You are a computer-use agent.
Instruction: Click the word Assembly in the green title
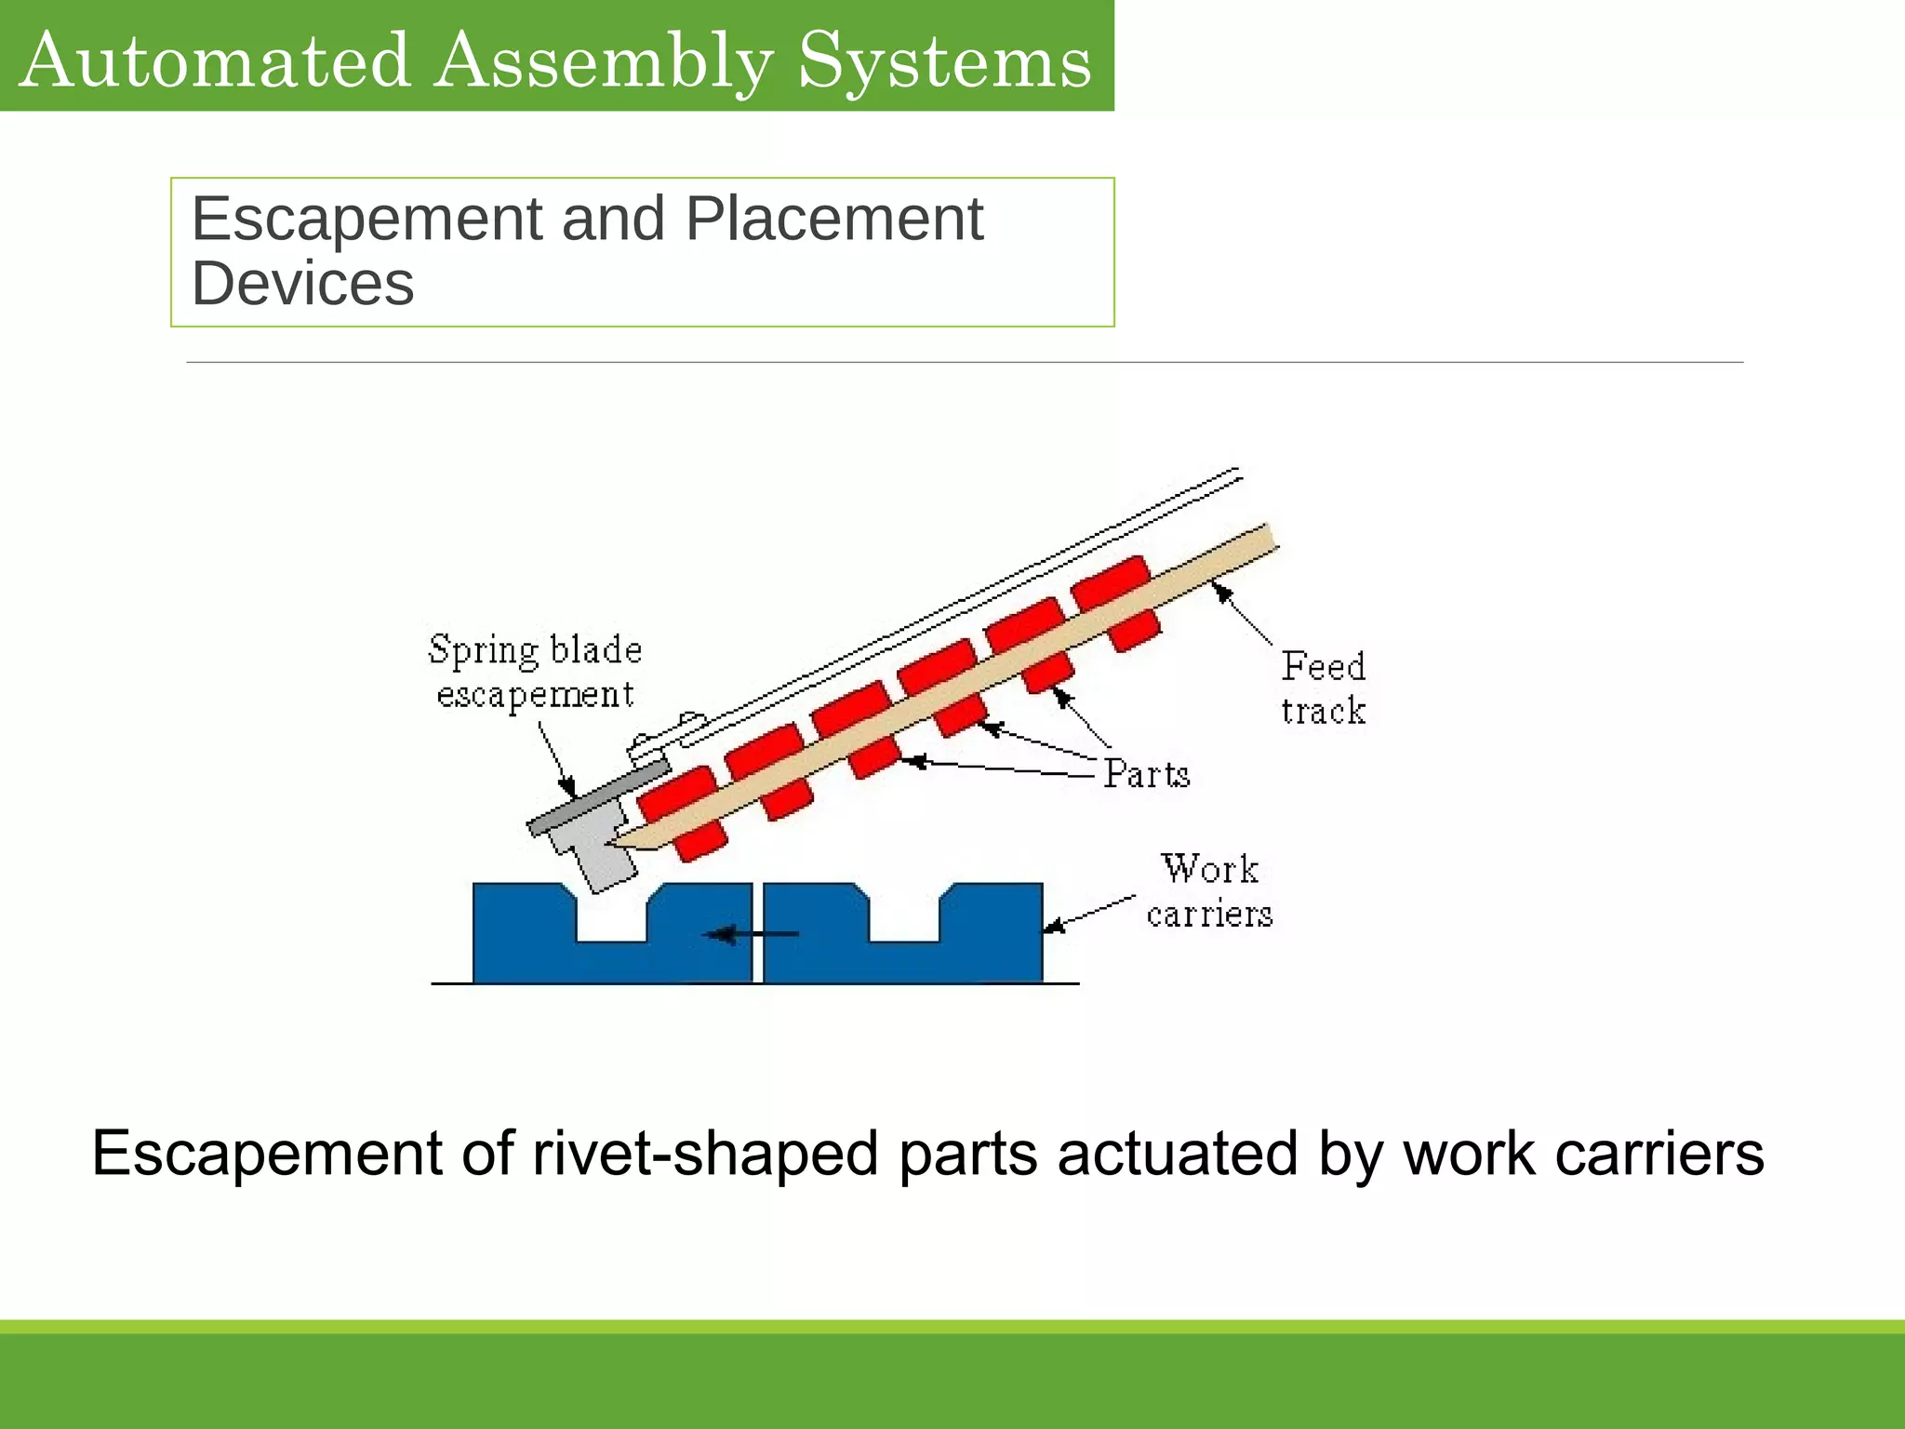(603, 61)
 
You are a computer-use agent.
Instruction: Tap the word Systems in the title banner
(944, 61)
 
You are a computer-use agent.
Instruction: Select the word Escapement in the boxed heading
(366, 220)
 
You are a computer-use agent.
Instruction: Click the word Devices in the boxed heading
(302, 284)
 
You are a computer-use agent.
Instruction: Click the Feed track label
(1323, 688)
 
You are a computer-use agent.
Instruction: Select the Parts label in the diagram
(1146, 774)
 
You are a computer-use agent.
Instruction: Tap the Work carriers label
(1209, 891)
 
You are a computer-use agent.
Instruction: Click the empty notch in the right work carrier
(904, 916)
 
